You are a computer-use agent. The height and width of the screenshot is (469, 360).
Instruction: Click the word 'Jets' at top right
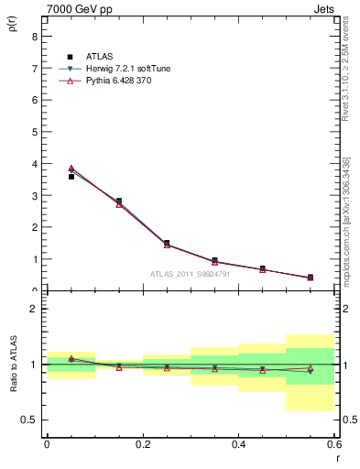coord(323,10)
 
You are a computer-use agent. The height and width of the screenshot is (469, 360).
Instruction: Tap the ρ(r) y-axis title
coord(13,20)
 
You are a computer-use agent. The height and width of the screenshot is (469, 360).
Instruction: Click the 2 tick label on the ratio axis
coord(33,310)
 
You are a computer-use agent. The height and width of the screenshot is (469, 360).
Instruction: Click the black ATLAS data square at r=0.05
coord(71,177)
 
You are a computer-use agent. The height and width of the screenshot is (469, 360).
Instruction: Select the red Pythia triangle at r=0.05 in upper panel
coord(71,169)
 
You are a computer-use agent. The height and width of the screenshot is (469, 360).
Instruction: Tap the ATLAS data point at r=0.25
coord(167,243)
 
